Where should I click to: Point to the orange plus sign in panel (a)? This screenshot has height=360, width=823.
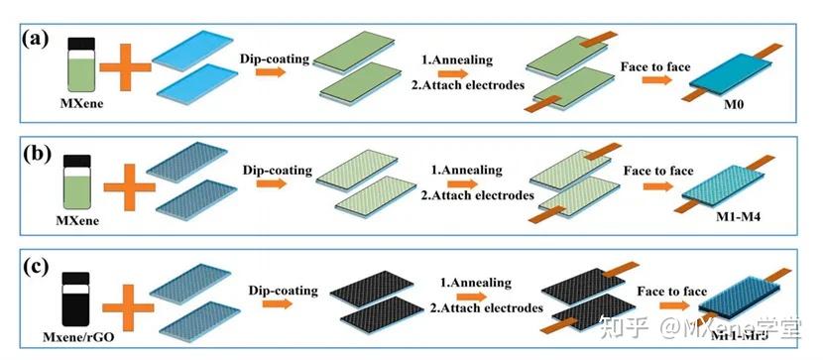[126, 66]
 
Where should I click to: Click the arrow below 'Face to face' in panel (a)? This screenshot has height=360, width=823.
[654, 80]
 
